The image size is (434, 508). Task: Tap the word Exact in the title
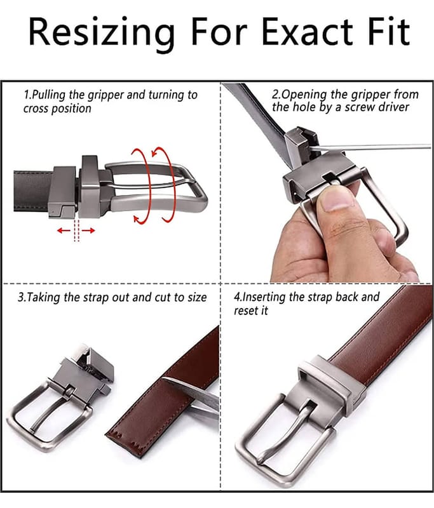click(x=307, y=32)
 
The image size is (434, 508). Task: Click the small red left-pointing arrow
click(x=64, y=231)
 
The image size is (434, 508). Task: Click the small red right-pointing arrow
click(x=88, y=231)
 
